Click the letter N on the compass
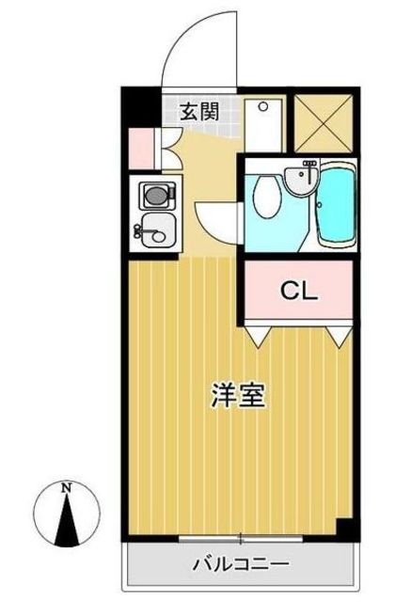[x=66, y=488]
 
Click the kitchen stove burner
[x=152, y=196]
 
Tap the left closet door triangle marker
[x=260, y=332]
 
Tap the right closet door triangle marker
[x=340, y=332]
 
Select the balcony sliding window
[x=240, y=538]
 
